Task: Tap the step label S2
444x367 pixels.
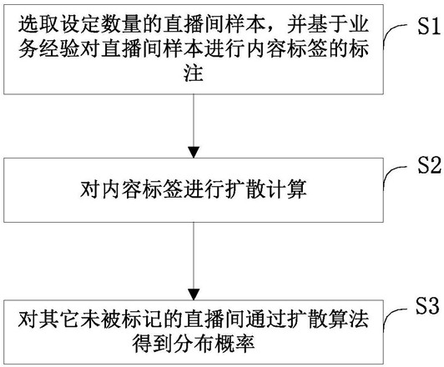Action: point(429,165)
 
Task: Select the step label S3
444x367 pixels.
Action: point(427,305)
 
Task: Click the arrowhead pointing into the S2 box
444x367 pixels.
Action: point(194,152)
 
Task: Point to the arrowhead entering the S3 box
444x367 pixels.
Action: point(194,294)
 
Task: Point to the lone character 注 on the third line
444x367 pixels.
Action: point(194,73)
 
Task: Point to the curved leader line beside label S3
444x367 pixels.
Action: point(390,313)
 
